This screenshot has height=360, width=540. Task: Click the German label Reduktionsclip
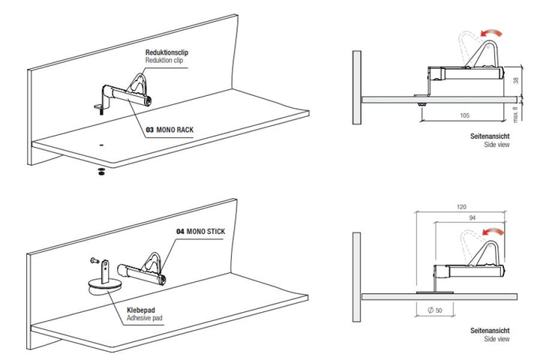click(166, 52)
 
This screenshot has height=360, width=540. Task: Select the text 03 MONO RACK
click(169, 130)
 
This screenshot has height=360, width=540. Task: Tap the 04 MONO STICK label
click(201, 232)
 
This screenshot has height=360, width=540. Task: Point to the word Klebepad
click(141, 310)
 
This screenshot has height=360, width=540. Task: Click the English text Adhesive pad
click(144, 318)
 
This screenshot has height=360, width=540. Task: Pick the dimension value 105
click(464, 115)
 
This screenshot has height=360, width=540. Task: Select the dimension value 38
click(516, 80)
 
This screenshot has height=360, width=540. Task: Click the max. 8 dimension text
click(515, 114)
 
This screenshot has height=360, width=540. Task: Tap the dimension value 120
click(461, 207)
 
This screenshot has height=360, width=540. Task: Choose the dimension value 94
click(472, 217)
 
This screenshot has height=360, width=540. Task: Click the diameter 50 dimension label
click(434, 310)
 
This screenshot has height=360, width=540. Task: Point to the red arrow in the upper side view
click(492, 34)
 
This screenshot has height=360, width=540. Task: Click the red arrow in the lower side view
click(493, 232)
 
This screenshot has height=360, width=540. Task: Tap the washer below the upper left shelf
click(101, 172)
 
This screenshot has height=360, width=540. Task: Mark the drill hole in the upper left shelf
click(101, 145)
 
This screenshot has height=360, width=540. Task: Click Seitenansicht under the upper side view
click(490, 136)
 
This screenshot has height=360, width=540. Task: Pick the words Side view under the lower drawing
click(496, 339)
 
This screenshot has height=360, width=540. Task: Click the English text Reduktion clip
click(164, 60)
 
